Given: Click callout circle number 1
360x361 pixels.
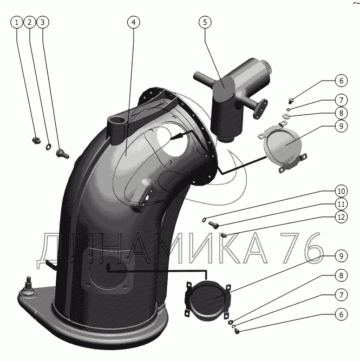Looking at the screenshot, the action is click(17, 22).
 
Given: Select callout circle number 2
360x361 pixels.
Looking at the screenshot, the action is click(29, 22).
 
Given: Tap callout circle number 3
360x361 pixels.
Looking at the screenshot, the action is click(43, 22).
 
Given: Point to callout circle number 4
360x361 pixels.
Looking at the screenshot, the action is click(134, 22).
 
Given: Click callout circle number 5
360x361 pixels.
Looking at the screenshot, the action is click(205, 22).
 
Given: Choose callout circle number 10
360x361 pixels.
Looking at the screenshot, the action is click(341, 191).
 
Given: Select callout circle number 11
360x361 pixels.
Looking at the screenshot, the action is click(341, 204).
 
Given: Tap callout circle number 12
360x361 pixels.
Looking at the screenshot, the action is click(341, 217).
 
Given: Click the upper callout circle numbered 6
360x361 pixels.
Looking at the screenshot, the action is click(341, 81).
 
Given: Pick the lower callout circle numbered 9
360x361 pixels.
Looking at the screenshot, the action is click(341, 256).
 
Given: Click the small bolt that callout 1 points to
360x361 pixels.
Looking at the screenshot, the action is click(36, 140).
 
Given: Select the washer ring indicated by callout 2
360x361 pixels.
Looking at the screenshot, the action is click(48, 147).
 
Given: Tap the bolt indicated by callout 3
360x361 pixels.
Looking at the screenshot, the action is click(62, 154).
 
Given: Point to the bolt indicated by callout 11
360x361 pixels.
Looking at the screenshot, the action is click(213, 225).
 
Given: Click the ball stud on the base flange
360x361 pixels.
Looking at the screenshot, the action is click(28, 287).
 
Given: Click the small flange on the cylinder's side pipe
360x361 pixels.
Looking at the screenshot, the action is click(261, 109).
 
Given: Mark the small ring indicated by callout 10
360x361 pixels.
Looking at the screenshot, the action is click(204, 220).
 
